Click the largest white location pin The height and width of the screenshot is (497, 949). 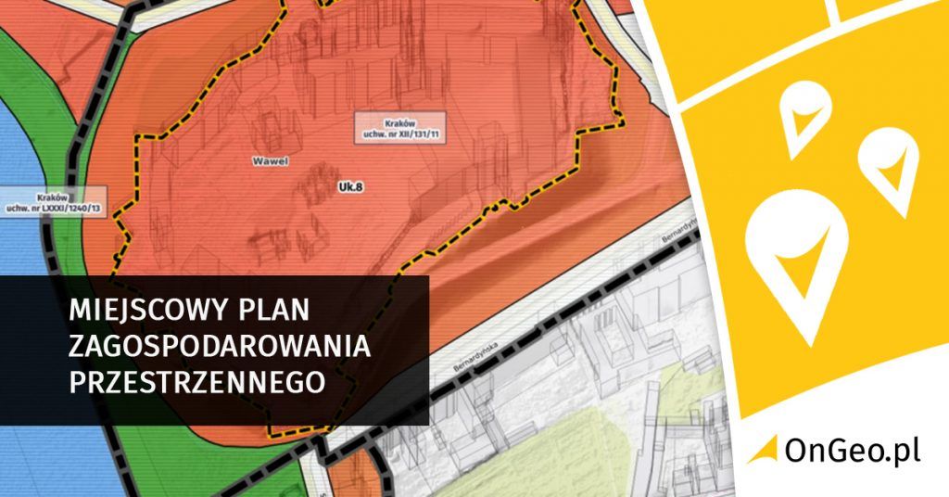click(796, 258)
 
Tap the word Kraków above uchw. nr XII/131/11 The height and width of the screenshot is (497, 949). click(400, 122)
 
